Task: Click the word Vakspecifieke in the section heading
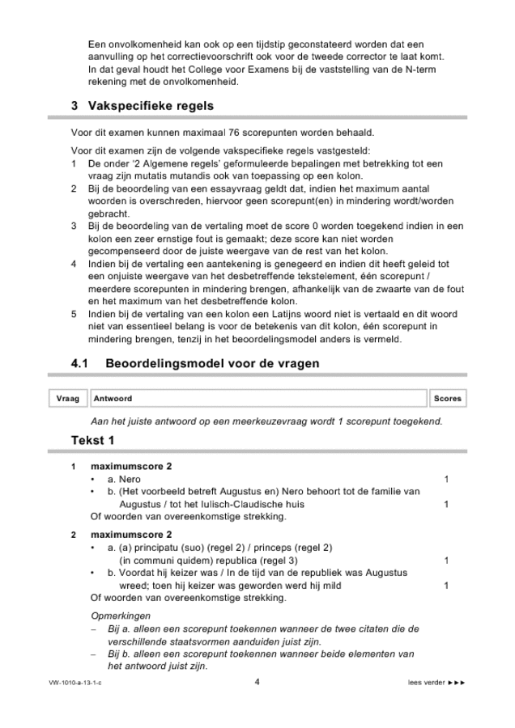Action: tap(135, 106)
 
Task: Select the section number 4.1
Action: tap(82, 364)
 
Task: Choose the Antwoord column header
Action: tap(113, 399)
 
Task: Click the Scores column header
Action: tap(447, 399)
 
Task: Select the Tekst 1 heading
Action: tap(92, 441)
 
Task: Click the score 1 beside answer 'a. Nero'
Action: tap(446, 480)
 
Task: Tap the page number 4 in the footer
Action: tap(257, 682)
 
